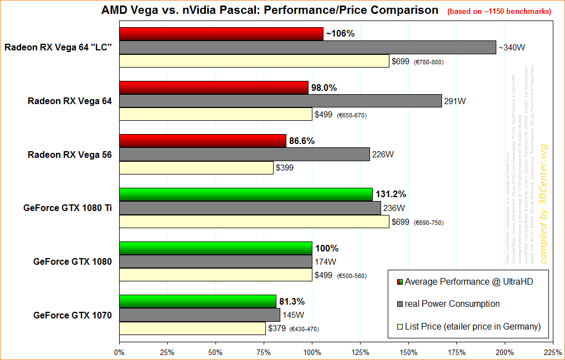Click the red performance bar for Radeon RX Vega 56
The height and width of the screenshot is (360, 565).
(x=202, y=141)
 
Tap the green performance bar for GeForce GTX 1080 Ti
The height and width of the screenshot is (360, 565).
(x=245, y=194)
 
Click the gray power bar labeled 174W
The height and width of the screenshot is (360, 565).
(x=215, y=261)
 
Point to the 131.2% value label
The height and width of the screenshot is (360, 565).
(x=391, y=194)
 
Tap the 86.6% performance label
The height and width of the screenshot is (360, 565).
(x=301, y=141)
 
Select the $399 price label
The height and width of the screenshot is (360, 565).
(x=286, y=168)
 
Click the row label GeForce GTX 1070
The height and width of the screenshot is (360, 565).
(x=73, y=316)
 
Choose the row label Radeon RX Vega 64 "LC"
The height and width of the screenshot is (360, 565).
(x=58, y=47)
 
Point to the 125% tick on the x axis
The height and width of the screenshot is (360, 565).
(x=361, y=352)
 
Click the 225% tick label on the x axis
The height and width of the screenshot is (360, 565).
(x=553, y=352)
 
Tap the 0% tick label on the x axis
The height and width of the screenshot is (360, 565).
(x=119, y=352)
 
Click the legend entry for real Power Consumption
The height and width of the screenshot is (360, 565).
(x=452, y=304)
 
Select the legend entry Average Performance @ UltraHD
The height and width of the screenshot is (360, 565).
(x=469, y=282)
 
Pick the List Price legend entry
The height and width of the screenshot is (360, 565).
(x=472, y=326)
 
